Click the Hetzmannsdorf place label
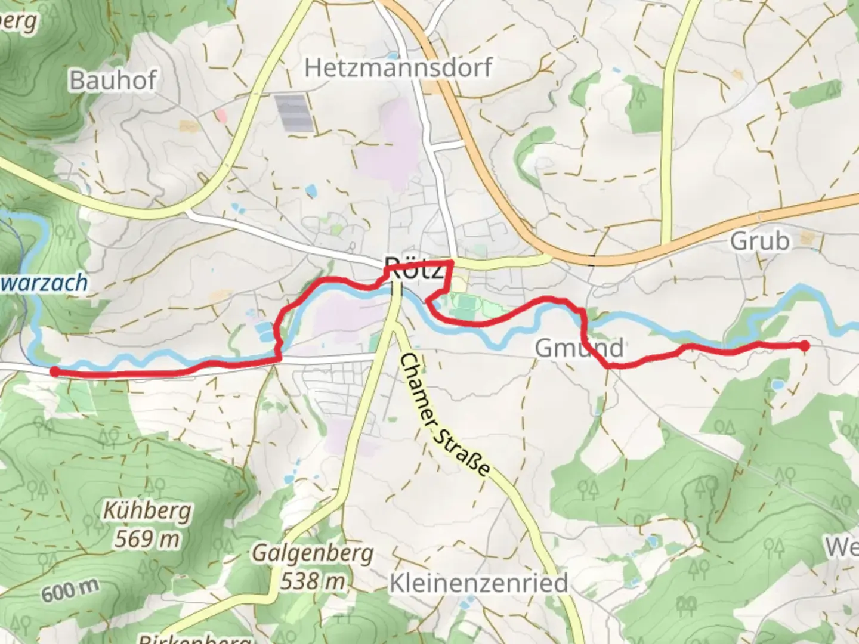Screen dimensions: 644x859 coord(398,67)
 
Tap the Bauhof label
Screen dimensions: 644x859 coord(113,80)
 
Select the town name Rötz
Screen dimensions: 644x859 coord(414,268)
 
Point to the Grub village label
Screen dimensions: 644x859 coord(759,241)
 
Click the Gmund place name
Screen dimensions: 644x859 coord(579,348)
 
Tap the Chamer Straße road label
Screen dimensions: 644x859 coord(445,414)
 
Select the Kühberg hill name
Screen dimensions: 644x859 coord(147,511)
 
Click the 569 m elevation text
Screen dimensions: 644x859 coord(147,539)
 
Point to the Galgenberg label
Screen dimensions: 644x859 coord(313,553)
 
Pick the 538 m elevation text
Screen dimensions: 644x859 coord(313,580)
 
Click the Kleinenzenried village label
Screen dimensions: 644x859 coord(478,583)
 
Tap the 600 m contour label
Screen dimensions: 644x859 coord(70,590)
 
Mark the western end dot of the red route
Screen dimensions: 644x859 coord(54,372)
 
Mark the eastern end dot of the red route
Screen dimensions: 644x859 coord(804,346)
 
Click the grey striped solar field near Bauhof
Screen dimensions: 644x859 coord(293,113)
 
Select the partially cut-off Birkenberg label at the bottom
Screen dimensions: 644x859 coord(194,638)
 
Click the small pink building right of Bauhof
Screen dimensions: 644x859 coord(221,114)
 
